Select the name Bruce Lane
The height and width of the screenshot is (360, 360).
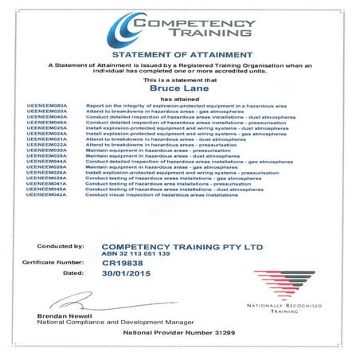click(179, 90)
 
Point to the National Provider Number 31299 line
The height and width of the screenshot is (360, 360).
click(179, 332)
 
